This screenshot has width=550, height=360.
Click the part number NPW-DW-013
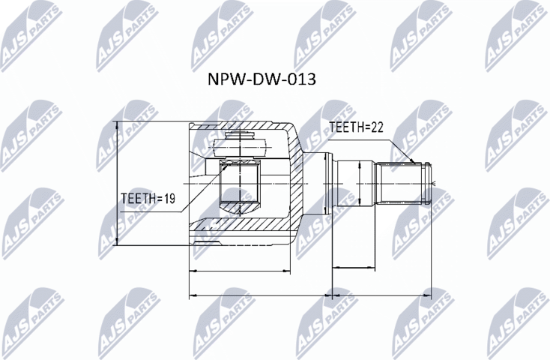coord(261,79)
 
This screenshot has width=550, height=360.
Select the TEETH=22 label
coord(356,127)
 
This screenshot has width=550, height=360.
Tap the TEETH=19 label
coord(148,199)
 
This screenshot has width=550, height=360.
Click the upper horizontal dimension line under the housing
coord(240,270)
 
